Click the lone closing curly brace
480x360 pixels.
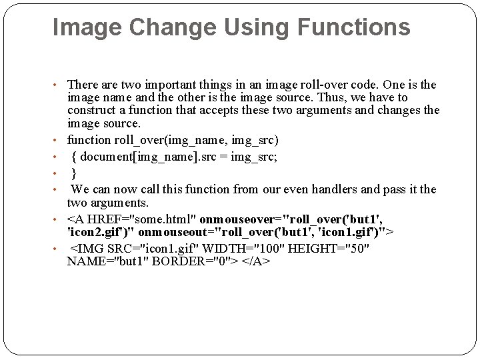point(74,173)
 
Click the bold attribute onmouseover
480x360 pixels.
point(237,219)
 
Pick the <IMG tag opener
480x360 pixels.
point(85,249)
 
